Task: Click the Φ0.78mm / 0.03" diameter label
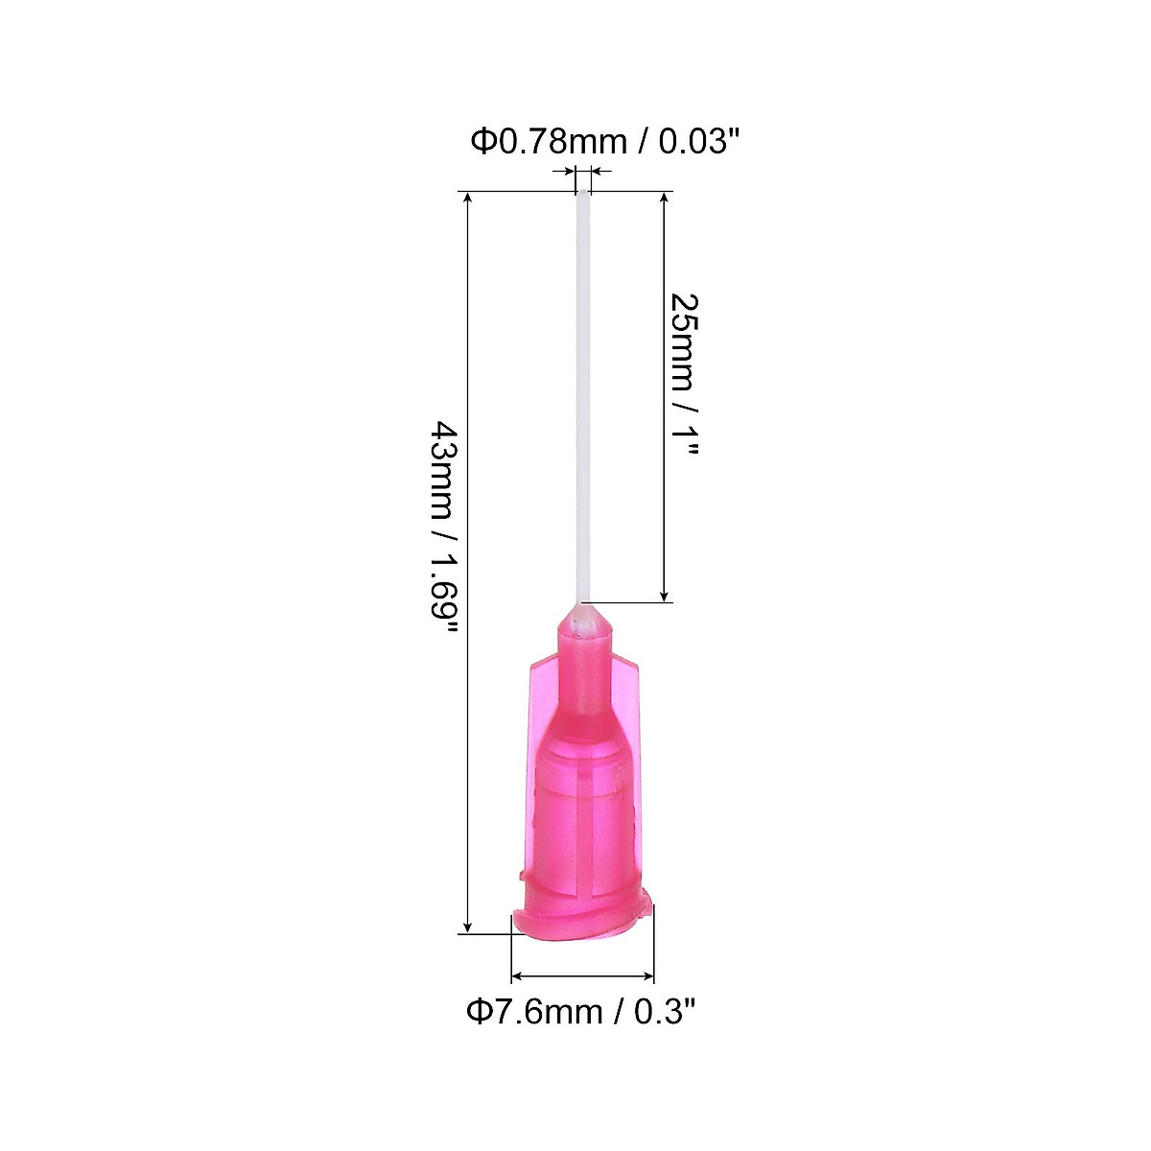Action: tap(605, 142)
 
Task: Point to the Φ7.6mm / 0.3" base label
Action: tap(579, 1012)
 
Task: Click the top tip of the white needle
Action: tap(582, 194)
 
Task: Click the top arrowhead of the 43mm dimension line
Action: tap(468, 198)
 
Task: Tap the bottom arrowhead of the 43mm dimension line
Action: tap(468, 927)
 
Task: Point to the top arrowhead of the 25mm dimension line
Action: tap(664, 198)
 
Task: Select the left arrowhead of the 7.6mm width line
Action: tap(518, 976)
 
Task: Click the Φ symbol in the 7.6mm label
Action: tap(479, 1012)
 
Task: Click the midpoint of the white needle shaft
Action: tap(582, 398)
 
